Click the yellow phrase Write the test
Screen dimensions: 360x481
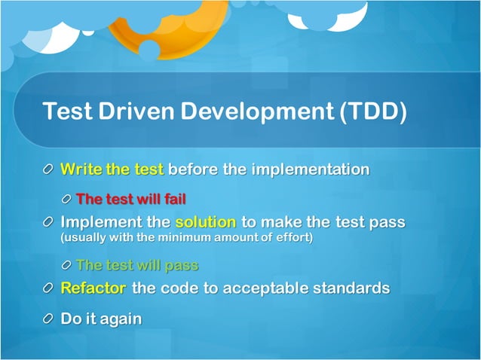pyautogui.click(x=112, y=169)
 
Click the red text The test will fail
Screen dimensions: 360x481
pyautogui.click(x=131, y=199)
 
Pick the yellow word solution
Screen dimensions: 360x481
pyautogui.click(x=206, y=223)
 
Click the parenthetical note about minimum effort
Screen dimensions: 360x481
pyautogui.click(x=185, y=238)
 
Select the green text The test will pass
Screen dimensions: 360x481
pyautogui.click(x=137, y=265)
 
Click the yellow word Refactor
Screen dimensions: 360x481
pyautogui.click(x=93, y=288)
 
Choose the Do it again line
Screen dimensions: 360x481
pyautogui.click(x=101, y=319)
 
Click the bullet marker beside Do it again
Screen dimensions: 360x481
pyautogui.click(x=49, y=319)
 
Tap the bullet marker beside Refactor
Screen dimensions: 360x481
pyautogui.click(x=49, y=289)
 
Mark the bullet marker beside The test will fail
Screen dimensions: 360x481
pyautogui.click(x=66, y=200)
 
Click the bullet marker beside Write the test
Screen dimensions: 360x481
pyautogui.click(x=49, y=170)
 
